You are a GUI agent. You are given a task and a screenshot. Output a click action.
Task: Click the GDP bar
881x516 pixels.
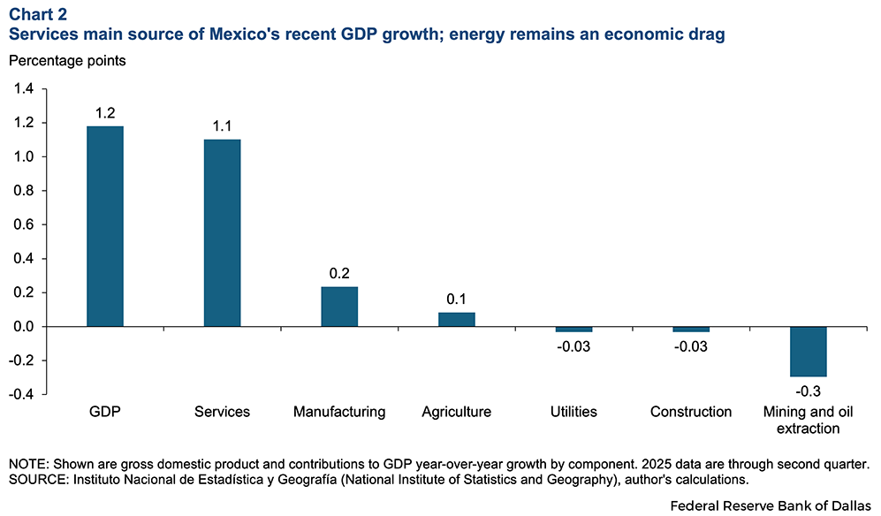click(104, 226)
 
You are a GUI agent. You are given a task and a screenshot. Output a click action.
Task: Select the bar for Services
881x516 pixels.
click(222, 233)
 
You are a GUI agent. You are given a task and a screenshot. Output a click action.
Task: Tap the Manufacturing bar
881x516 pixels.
click(339, 307)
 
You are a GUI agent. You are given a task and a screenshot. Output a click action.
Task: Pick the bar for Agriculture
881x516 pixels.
click(456, 319)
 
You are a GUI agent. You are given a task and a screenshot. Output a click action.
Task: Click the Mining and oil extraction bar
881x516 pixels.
click(808, 351)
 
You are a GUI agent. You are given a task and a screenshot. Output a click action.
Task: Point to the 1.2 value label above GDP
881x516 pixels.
click(104, 113)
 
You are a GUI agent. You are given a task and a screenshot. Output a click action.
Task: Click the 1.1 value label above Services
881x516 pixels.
click(222, 126)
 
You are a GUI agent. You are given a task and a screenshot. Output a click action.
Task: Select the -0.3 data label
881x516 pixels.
click(808, 388)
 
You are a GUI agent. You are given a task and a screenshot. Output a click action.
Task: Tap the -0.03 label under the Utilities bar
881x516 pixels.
click(573, 345)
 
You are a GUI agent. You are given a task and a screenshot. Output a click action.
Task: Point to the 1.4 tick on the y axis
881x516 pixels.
click(23, 89)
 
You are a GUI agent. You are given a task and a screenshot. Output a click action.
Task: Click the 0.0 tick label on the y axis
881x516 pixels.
click(23, 327)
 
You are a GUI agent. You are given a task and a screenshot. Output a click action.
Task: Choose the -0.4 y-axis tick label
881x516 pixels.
click(21, 394)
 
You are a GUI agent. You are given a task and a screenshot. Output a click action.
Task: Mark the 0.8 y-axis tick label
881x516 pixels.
click(23, 191)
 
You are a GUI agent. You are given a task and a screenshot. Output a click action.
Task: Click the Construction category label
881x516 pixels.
click(691, 412)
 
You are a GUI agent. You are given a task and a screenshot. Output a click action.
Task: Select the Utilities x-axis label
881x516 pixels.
click(573, 412)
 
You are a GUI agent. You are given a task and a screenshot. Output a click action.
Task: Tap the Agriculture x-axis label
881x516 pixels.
click(456, 412)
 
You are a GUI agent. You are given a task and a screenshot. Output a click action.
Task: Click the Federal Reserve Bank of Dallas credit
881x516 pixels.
click(771, 506)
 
